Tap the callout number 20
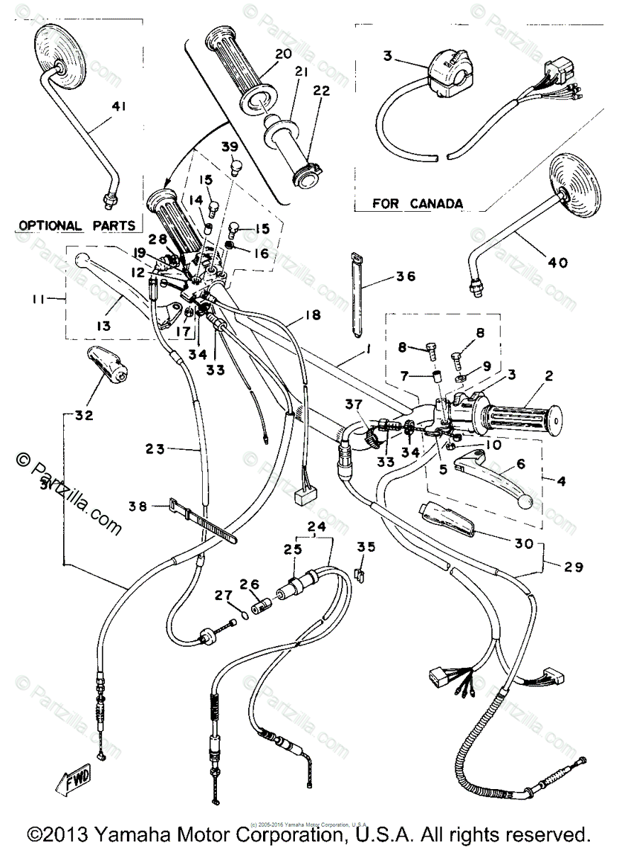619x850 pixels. [263, 54]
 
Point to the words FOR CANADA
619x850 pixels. [418, 204]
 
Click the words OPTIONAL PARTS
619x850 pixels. [77, 225]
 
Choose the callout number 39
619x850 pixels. [229, 147]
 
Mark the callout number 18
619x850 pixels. [313, 315]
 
